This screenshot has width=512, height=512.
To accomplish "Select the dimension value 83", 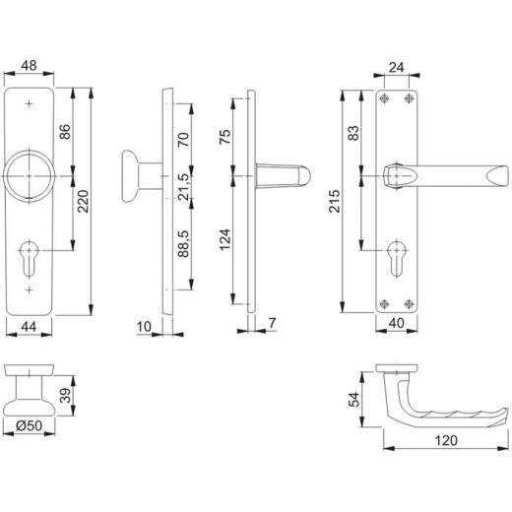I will [366, 134].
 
